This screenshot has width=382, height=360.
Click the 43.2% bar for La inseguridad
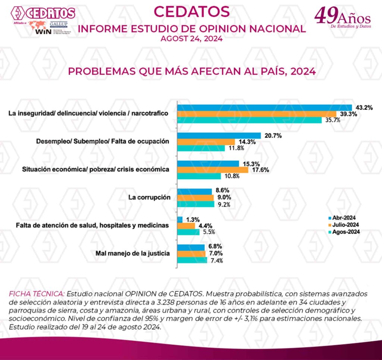[x=264, y=108]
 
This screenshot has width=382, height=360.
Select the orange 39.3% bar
[x=257, y=114]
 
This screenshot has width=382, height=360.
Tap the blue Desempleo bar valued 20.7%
[x=219, y=136]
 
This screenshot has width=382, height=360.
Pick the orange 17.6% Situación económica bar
[x=213, y=170]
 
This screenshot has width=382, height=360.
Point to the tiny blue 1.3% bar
[x=180, y=220]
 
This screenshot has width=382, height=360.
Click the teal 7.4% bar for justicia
[x=192, y=260]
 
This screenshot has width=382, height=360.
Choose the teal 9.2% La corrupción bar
[x=195, y=204]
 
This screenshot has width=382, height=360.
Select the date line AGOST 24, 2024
[x=191, y=38]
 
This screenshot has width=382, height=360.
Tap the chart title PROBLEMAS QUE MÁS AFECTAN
[x=191, y=71]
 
